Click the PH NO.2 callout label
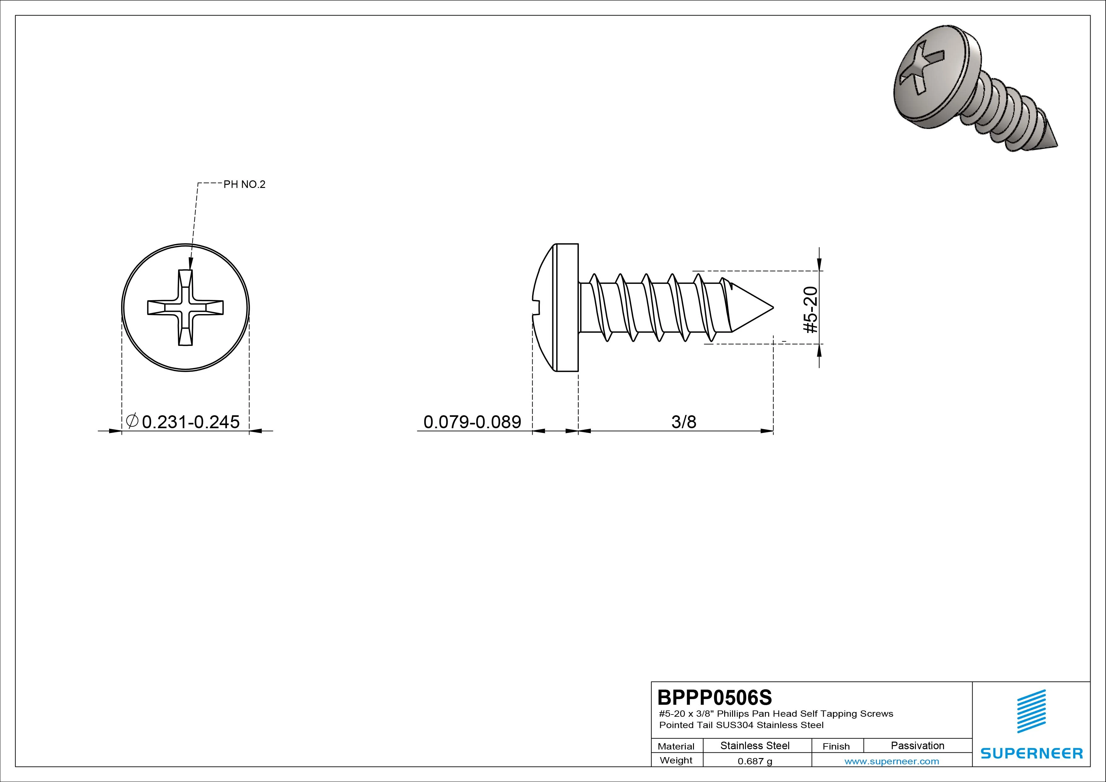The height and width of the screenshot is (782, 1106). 244,184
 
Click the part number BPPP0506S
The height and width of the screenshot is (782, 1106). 715,697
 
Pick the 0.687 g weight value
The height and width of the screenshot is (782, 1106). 755,761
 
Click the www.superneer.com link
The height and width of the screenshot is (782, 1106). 892,761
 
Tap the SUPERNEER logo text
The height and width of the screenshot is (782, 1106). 1031,753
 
